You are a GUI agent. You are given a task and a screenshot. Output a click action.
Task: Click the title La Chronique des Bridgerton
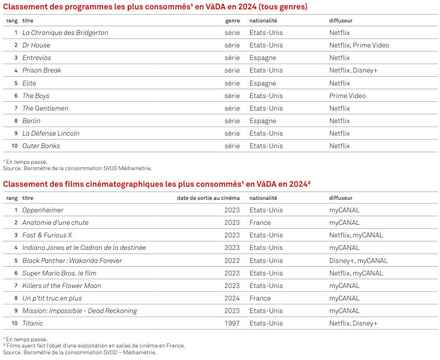click(x=65, y=32)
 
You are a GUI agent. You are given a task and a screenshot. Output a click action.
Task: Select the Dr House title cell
click(x=36, y=45)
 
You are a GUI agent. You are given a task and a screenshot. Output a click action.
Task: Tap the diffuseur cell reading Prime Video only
click(x=347, y=95)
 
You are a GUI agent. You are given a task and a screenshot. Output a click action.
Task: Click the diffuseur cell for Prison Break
click(x=353, y=70)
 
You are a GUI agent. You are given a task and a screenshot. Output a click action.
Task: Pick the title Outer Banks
click(x=41, y=146)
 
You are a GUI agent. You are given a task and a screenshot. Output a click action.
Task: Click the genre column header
click(x=233, y=21)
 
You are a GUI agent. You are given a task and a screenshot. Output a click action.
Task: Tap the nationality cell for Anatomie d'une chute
click(x=260, y=222)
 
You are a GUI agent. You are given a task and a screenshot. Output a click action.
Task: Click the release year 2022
click(x=232, y=260)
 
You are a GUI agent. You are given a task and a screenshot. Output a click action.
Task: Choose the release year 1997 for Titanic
click(x=232, y=323)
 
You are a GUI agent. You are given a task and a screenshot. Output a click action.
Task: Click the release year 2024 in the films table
click(x=232, y=298)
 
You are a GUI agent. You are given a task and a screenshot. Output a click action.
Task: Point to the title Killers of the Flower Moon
click(x=62, y=285)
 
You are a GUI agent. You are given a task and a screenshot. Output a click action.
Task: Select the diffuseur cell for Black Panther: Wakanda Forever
click(x=358, y=260)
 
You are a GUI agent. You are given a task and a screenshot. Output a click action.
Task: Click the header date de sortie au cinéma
click(x=208, y=198)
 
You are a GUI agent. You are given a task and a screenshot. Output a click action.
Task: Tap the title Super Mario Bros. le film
click(x=59, y=273)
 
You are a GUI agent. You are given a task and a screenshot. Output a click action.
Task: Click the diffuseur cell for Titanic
click(x=353, y=323)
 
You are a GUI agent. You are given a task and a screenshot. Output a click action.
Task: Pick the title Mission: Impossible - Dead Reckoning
click(x=79, y=310)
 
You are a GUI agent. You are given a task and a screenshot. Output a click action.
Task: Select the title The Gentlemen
click(x=45, y=108)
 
